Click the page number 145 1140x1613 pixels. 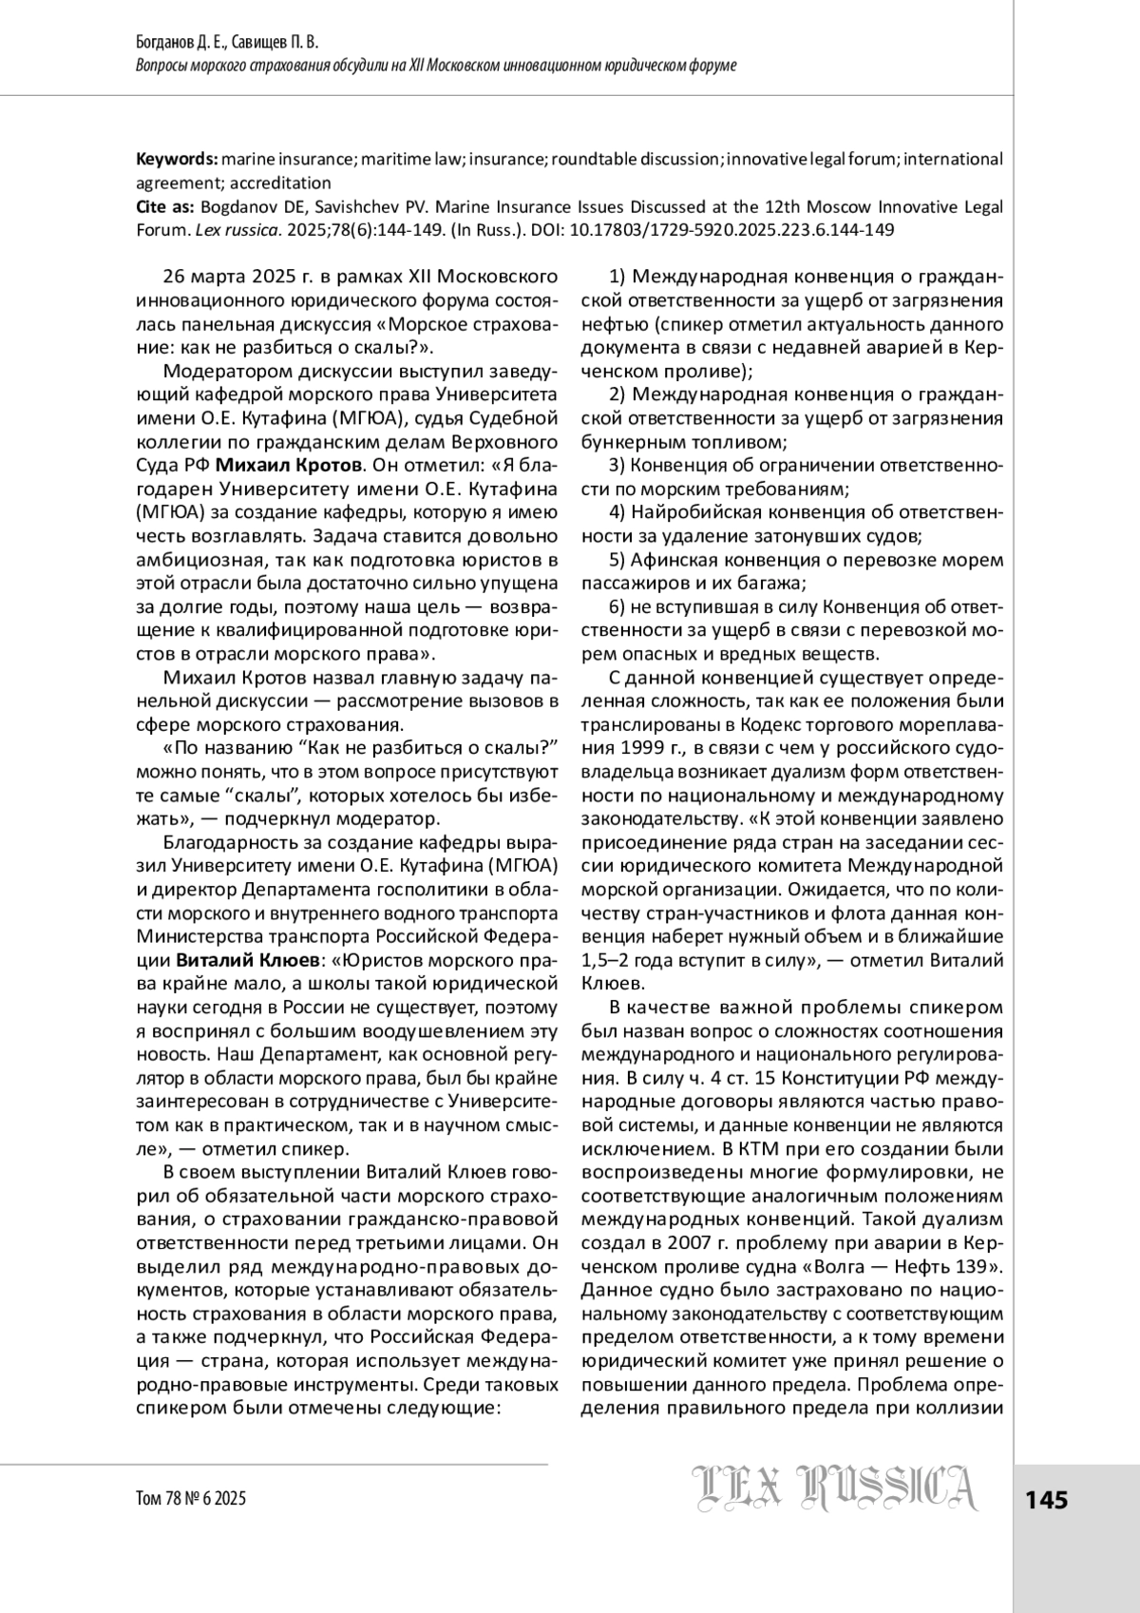pyautogui.click(x=1047, y=1500)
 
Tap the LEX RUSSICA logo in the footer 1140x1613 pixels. pyautogui.click(x=834, y=1501)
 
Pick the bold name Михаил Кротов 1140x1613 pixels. pyautogui.click(x=289, y=466)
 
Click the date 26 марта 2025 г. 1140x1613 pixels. pyautogui.click(x=226, y=277)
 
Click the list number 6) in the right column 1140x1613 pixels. pyautogui.click(x=617, y=606)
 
